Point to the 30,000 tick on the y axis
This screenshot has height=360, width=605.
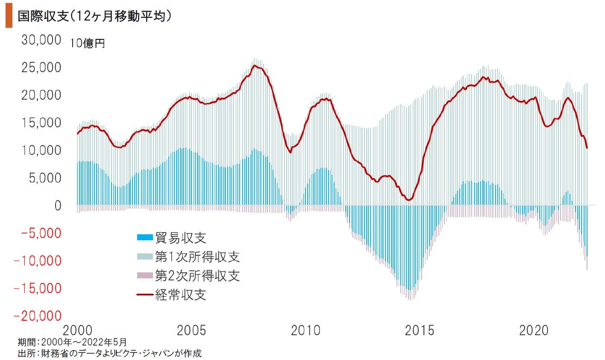point(41,40)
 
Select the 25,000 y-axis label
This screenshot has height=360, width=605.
point(41,68)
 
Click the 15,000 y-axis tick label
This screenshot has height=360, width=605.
point(41,123)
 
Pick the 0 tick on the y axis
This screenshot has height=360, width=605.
point(57,206)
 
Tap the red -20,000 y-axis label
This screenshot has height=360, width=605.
point(38,316)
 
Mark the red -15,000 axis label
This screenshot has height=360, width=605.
point(38,289)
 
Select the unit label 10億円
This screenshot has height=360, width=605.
point(88,44)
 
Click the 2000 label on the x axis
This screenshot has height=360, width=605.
point(77,330)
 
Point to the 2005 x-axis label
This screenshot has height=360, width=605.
point(191,330)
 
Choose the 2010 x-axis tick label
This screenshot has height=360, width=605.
point(305,330)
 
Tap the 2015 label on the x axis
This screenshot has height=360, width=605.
point(420,330)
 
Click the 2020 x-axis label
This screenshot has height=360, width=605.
point(534,330)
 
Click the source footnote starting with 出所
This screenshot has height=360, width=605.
point(109,353)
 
